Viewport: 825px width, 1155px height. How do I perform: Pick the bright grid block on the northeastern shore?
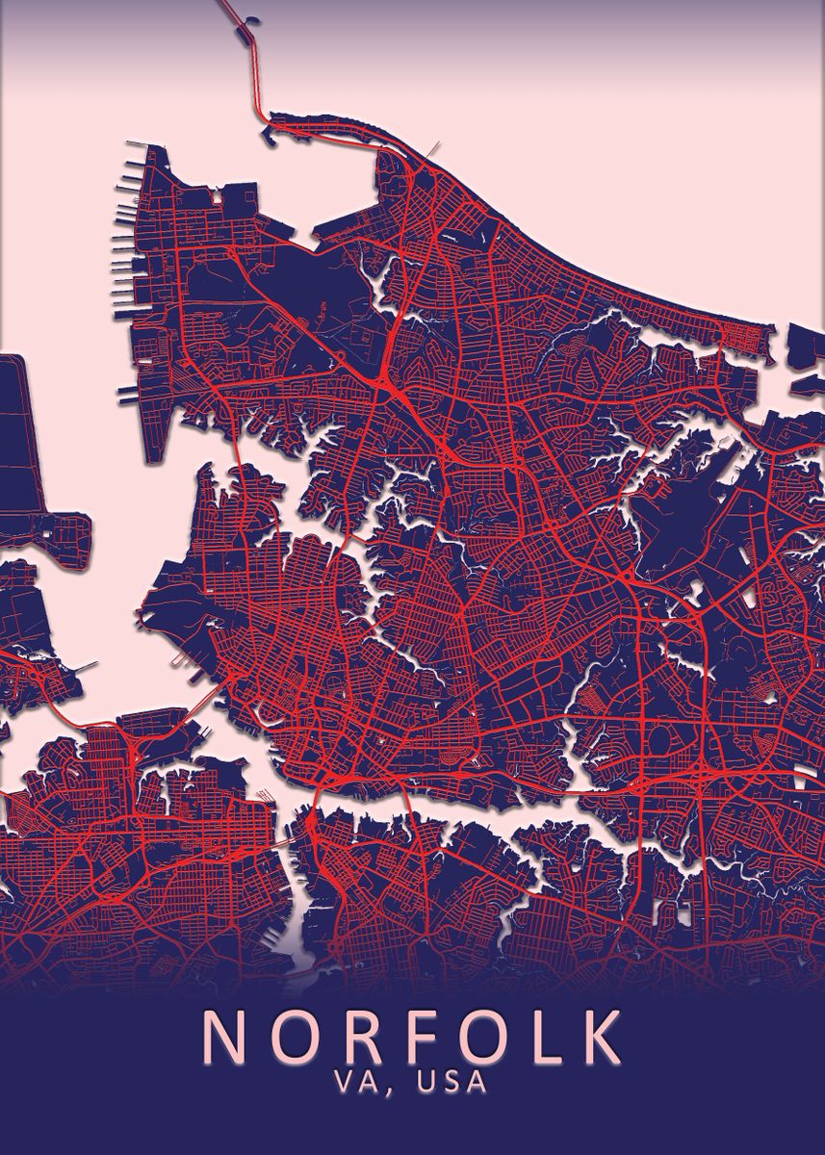point(746,337)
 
